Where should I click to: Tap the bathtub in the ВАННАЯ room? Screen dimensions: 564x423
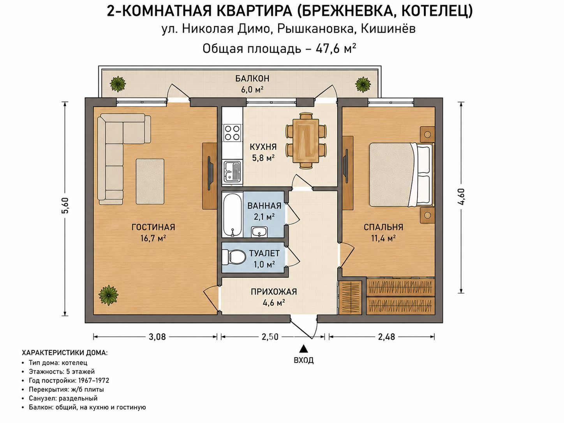(x=232, y=215)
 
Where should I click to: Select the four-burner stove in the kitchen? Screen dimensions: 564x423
(x=232, y=132)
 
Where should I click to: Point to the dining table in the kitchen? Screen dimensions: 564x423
(x=306, y=141)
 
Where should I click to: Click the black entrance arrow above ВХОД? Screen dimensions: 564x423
(x=304, y=349)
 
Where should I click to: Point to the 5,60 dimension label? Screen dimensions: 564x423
(x=66, y=205)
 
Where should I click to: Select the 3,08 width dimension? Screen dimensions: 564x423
(x=157, y=337)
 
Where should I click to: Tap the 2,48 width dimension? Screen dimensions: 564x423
(x=386, y=337)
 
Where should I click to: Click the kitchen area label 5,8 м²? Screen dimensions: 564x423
(x=263, y=158)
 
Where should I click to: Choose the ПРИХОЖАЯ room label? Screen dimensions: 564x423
(x=274, y=292)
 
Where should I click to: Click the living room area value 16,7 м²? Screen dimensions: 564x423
(x=153, y=238)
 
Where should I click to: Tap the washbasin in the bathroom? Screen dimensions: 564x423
(x=259, y=232)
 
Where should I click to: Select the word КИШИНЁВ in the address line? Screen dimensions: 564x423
(x=388, y=29)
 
